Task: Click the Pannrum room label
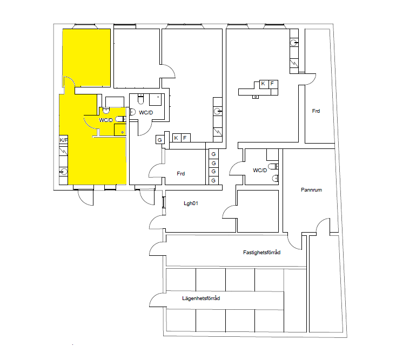[311, 189]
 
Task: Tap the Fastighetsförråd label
[261, 252]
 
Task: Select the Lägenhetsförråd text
[201, 298]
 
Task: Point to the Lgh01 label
[191, 203]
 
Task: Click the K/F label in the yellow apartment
[64, 140]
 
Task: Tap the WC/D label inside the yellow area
[106, 120]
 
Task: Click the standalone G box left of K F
[160, 140]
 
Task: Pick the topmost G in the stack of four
[213, 154]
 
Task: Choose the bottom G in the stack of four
[213, 180]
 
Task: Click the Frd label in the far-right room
[316, 111]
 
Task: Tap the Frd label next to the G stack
[181, 174]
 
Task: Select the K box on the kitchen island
[263, 84]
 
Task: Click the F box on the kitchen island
[272, 84]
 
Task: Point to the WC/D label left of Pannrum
[260, 171]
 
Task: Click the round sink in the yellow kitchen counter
[64, 172]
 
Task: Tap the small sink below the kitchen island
[256, 97]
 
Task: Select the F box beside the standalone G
[185, 138]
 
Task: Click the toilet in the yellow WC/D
[120, 119]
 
